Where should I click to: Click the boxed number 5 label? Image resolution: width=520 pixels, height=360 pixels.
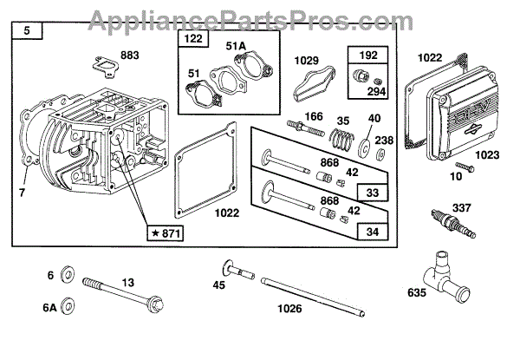(x=27, y=33)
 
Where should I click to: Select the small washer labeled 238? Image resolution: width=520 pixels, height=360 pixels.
(x=381, y=156)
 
